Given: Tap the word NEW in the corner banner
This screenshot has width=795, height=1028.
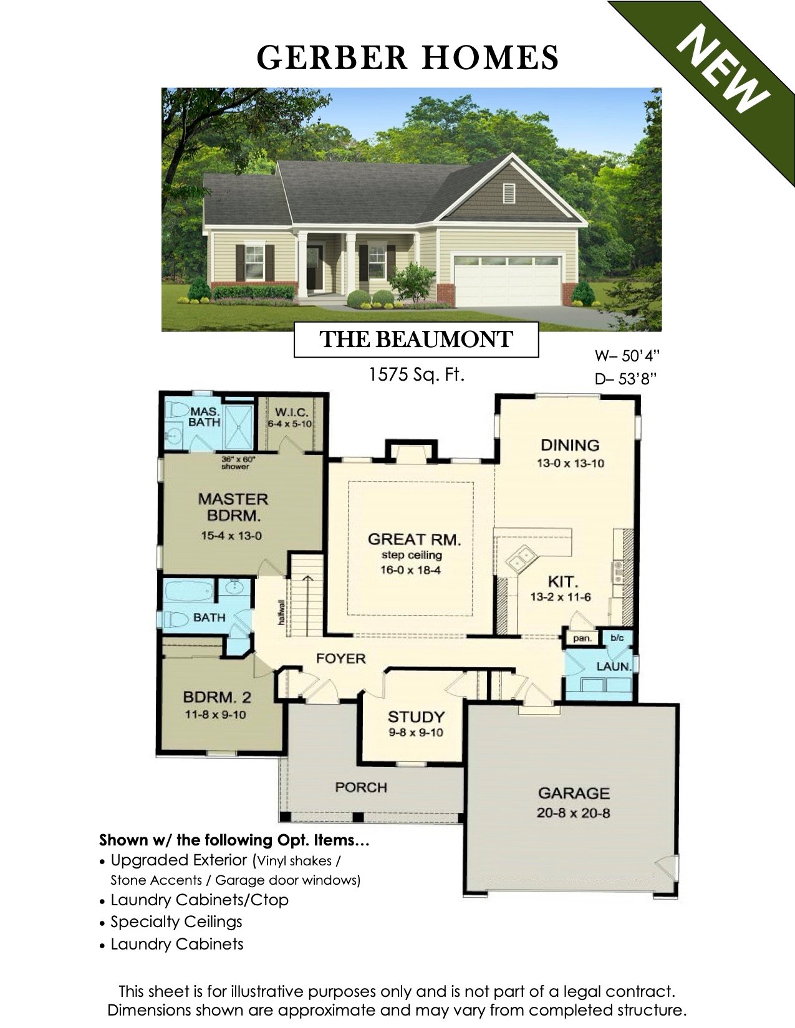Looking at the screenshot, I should click(x=724, y=70).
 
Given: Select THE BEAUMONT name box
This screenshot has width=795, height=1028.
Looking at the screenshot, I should click(x=416, y=340).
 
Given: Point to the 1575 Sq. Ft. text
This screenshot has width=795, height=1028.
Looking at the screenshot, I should click(x=416, y=375).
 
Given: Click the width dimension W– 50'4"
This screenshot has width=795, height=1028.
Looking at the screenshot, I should click(x=626, y=356).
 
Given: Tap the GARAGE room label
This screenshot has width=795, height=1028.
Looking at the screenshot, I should click(x=573, y=794).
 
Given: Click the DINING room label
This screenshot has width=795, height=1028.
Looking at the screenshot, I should click(x=570, y=445).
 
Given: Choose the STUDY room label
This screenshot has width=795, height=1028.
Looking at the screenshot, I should click(x=416, y=716).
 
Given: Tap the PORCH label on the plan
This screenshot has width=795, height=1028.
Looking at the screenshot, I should click(x=360, y=788).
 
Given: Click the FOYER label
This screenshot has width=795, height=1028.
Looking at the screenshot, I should click(x=340, y=659).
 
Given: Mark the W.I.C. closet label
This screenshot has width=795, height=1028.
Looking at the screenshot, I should click(x=289, y=412).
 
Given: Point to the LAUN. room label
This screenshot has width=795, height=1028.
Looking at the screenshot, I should click(x=614, y=666).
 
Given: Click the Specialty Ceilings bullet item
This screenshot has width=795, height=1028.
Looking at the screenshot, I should click(x=176, y=922).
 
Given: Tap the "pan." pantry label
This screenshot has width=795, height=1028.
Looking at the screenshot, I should click(x=581, y=639).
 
